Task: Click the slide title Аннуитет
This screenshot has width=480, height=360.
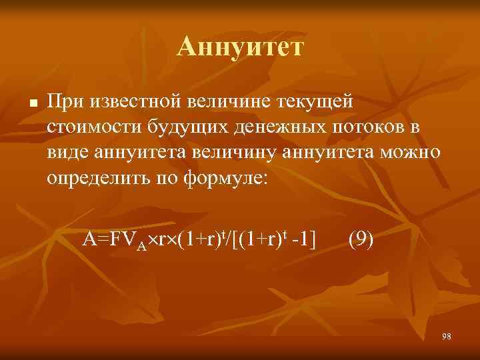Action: click(x=240, y=47)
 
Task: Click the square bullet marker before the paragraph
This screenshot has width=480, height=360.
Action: click(x=32, y=104)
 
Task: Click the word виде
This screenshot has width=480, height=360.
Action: click(x=69, y=153)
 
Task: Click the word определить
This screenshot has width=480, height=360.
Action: click(x=96, y=179)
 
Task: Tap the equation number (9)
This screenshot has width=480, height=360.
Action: click(x=361, y=238)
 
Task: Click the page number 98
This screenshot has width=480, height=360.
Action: click(x=446, y=336)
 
